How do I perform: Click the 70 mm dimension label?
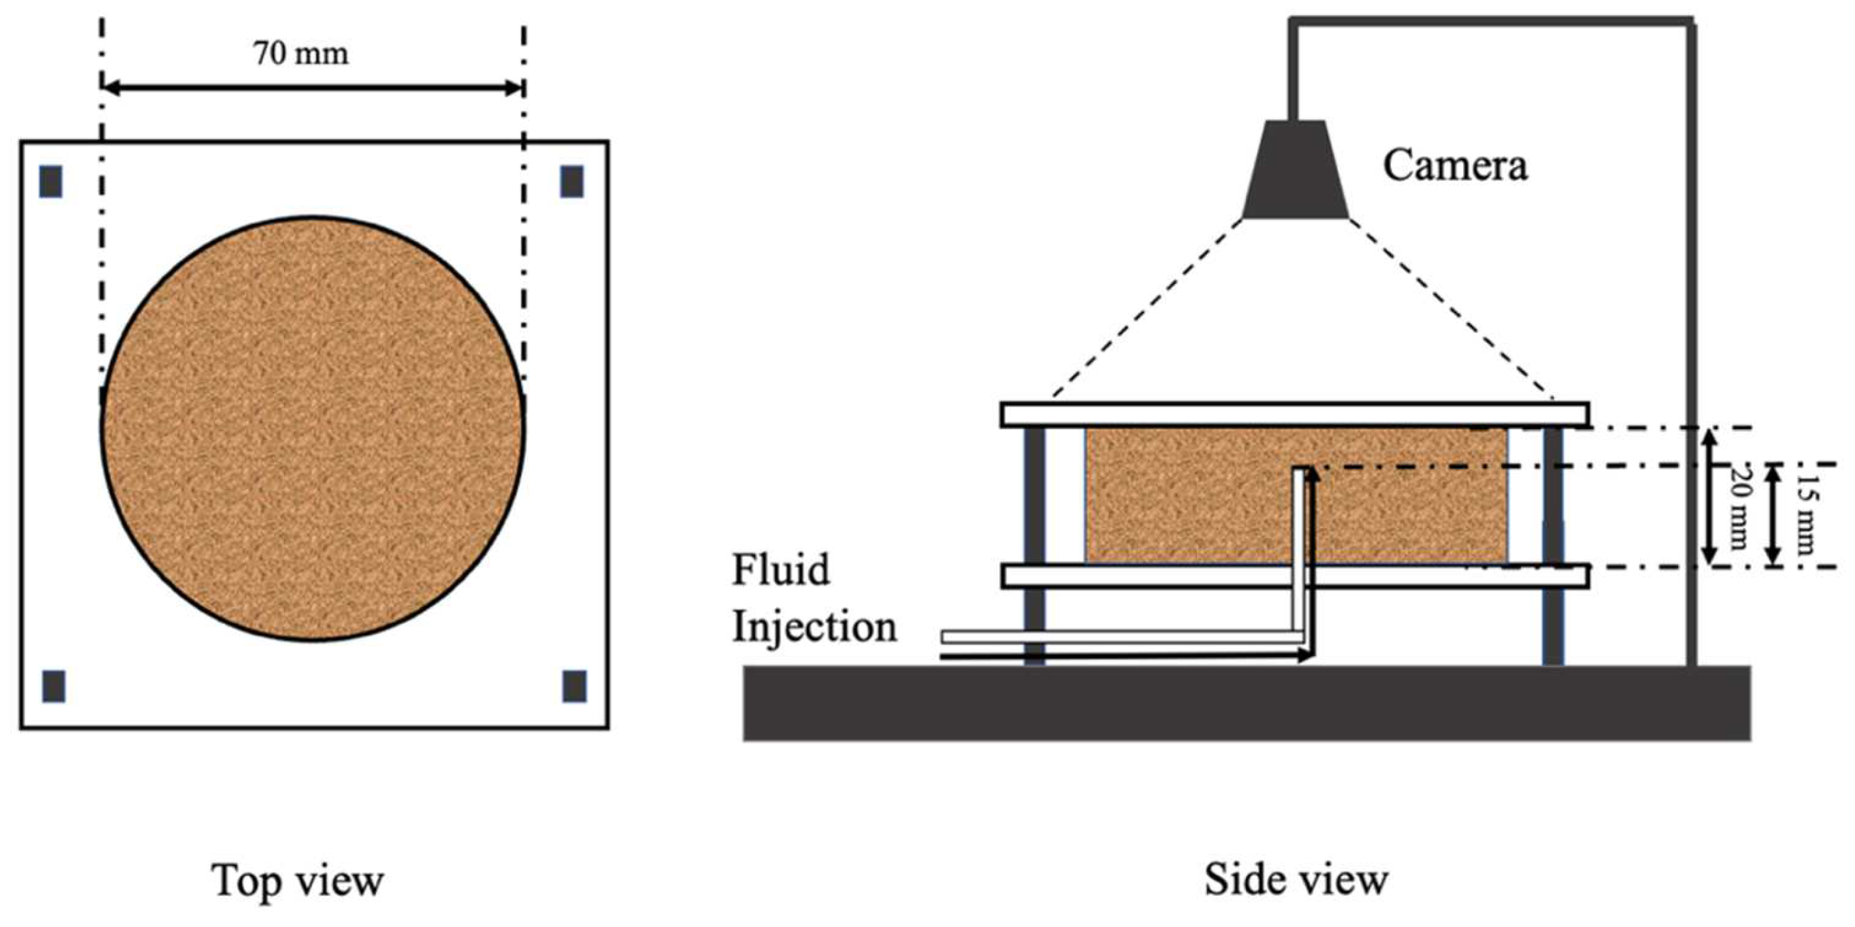(x=300, y=55)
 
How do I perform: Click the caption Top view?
(x=298, y=880)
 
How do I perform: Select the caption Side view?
(x=1296, y=880)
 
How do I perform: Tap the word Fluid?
(x=781, y=570)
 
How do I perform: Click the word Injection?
(x=815, y=627)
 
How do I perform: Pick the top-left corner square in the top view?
(x=51, y=181)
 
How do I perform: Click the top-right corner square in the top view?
(x=572, y=181)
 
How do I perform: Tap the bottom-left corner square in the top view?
(x=54, y=685)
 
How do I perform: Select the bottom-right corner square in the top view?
(x=574, y=685)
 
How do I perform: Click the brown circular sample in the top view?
(x=313, y=428)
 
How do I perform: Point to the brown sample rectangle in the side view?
(x=1188, y=497)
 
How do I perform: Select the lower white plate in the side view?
(x=1152, y=576)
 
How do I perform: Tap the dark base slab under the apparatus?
(x=1247, y=702)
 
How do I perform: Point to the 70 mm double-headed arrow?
(x=313, y=89)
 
